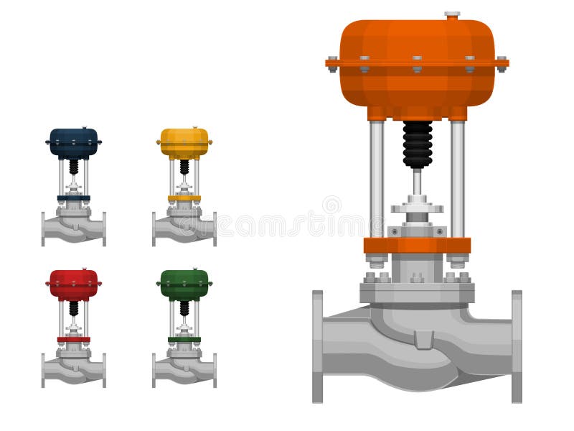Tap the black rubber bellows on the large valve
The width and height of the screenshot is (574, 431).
pos(417,144)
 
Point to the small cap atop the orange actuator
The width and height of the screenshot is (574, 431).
pos(452,14)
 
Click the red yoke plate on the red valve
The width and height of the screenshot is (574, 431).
pos(74,339)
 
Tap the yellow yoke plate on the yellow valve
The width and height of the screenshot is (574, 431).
pos(184,198)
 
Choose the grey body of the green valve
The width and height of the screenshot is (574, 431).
pos(184,369)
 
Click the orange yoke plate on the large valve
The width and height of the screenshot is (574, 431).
pos(417,245)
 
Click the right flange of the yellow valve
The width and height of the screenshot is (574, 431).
pos(214,229)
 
